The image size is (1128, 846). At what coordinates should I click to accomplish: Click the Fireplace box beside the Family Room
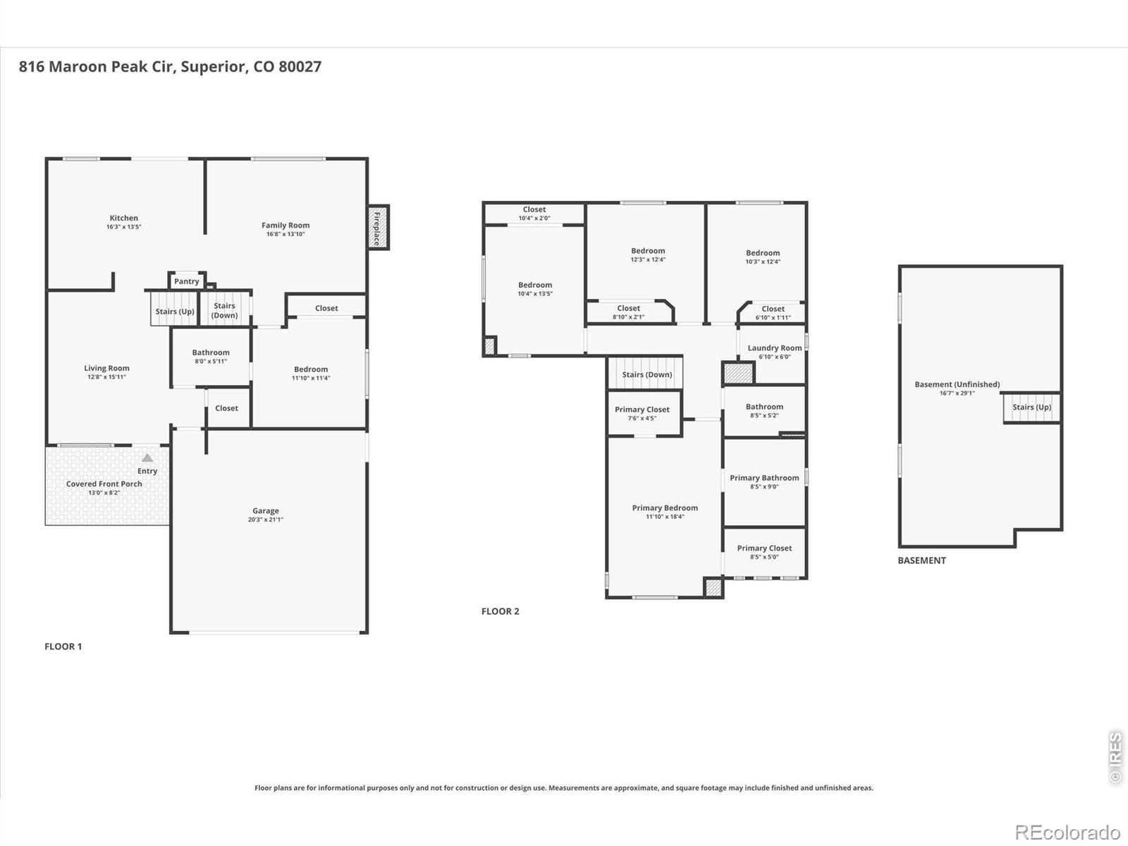pos(378,228)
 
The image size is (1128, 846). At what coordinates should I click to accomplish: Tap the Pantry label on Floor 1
pos(186,281)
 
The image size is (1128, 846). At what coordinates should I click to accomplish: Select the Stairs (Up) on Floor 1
pos(175,309)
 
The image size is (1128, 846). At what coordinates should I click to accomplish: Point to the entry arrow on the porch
pos(147,458)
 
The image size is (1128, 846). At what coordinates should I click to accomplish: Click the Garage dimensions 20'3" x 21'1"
pos(266,520)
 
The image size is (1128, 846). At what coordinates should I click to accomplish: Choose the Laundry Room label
pos(774,348)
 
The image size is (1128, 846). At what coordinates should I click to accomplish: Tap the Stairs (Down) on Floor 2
pos(646,372)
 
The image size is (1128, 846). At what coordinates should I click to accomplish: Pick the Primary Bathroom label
pos(764,478)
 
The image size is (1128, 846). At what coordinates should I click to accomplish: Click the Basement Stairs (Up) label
pos(1032,407)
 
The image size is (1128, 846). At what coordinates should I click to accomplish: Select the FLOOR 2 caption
pos(500,611)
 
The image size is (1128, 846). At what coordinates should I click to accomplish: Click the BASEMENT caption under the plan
pos(921,560)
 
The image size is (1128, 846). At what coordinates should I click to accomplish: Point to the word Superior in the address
pos(214,67)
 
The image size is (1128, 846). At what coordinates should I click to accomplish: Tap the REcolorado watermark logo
pos(1067,832)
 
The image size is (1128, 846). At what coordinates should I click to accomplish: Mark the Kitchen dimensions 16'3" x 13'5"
pos(124,226)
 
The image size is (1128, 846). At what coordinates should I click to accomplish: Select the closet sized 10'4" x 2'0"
pos(534,214)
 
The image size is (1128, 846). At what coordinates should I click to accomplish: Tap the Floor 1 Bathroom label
pos(211,352)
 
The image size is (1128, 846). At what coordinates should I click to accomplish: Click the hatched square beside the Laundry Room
pos(738,373)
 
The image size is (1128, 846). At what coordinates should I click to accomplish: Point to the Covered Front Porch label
pos(104,484)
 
